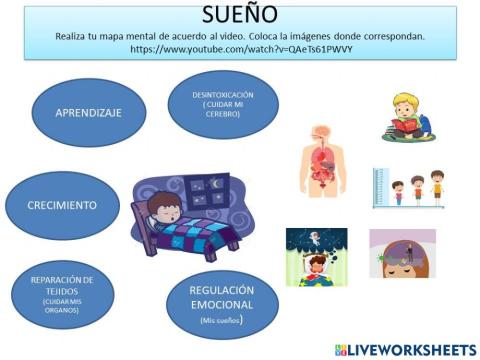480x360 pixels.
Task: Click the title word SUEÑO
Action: (x=239, y=15)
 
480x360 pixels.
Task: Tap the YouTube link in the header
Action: (x=239, y=48)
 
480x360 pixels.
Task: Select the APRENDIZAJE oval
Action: (x=89, y=112)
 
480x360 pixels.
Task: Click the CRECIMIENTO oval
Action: (x=63, y=205)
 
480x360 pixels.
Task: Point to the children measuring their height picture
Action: (x=407, y=187)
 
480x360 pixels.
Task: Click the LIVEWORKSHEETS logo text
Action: (x=411, y=349)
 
